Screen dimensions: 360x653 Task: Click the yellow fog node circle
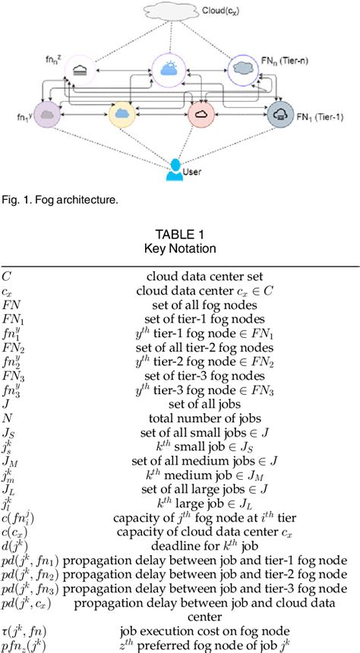[122, 115]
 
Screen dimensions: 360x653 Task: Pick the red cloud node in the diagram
[201, 115]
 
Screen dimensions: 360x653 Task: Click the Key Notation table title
[179, 249]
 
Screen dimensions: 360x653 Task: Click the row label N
[7, 418]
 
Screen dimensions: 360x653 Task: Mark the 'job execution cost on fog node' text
[194, 629]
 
